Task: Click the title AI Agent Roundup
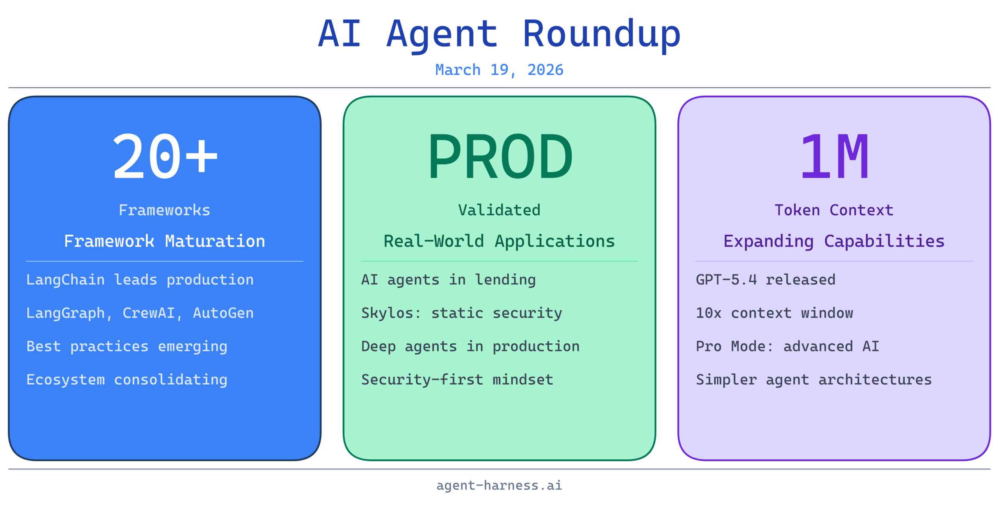[499, 34]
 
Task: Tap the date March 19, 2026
[499, 70]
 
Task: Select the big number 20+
[165, 156]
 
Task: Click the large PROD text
[500, 156]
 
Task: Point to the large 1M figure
[834, 156]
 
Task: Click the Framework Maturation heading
[165, 241]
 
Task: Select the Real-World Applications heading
[499, 241]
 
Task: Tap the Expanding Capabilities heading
[834, 241]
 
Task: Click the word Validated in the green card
[499, 210]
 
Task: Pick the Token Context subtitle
[834, 210]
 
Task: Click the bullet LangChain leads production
[140, 280]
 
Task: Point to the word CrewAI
[149, 313]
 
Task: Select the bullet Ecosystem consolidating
[127, 380]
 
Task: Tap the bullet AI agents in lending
[448, 280]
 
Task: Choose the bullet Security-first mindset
[457, 380]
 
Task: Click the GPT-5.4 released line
[766, 280]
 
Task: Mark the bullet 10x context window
[775, 313]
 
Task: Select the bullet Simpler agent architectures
[814, 380]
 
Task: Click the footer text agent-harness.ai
[499, 485]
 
